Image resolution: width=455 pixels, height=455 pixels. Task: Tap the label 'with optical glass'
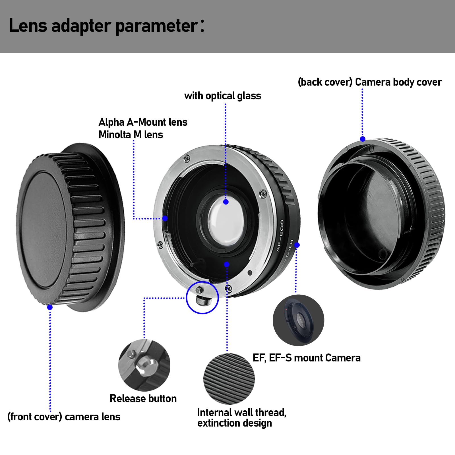[222, 96]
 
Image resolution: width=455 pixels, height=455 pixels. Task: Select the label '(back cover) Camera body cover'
[369, 82]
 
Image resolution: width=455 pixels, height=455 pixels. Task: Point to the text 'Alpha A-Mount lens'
[143, 122]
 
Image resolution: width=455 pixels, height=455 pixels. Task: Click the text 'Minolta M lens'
[131, 135]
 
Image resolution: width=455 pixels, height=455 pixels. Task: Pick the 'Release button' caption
[143, 398]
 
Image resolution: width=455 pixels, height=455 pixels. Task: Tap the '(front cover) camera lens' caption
[64, 417]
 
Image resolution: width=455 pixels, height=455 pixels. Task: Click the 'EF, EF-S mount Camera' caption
[307, 358]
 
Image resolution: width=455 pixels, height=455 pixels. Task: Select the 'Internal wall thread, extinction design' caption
[242, 417]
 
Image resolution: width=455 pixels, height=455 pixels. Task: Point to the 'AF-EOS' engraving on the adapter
[280, 235]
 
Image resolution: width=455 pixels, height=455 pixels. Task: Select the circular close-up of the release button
[144, 365]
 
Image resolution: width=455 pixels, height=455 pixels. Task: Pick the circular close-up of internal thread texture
[229, 379]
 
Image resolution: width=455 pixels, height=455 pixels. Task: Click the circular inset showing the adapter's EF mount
[298, 320]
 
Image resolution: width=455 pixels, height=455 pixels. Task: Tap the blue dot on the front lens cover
[50, 307]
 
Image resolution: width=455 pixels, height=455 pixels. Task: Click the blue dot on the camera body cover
[363, 139]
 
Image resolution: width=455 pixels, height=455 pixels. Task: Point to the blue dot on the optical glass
[226, 202]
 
